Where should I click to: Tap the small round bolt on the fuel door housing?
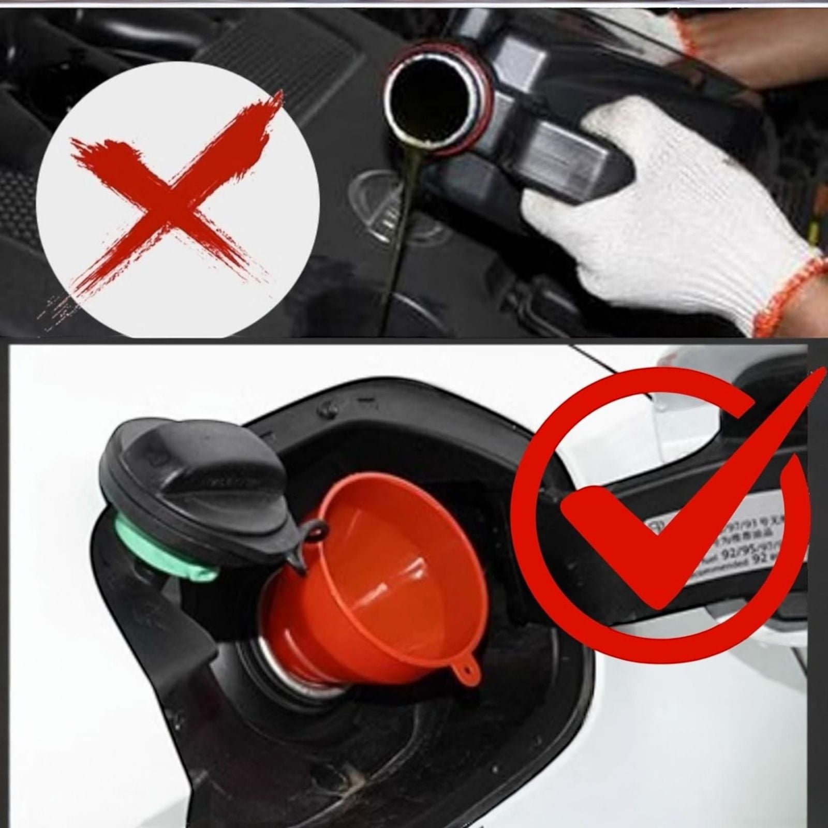pos(326,408)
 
